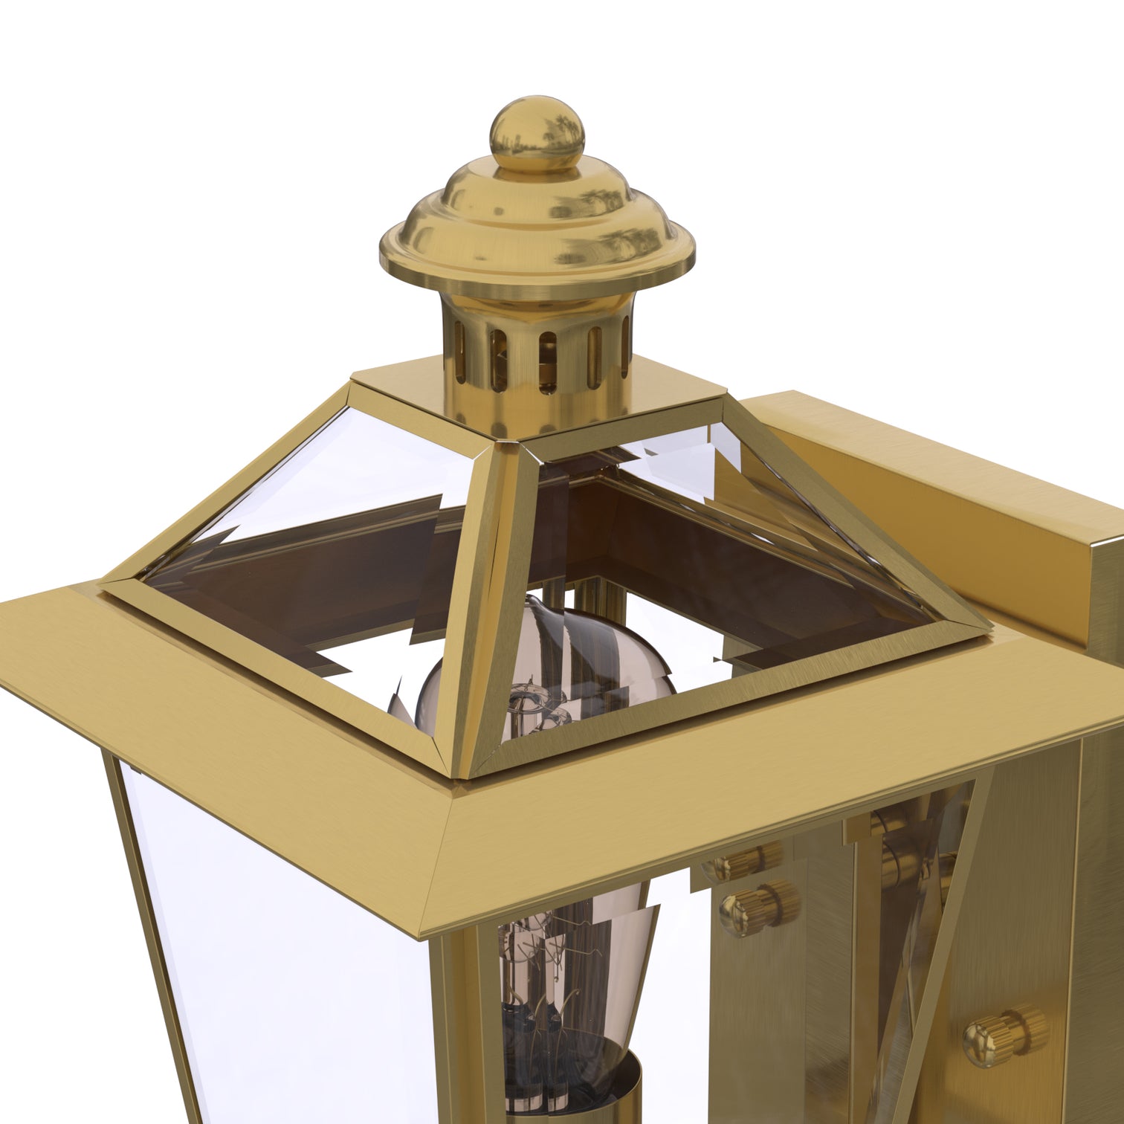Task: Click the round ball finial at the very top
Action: tap(537, 135)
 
